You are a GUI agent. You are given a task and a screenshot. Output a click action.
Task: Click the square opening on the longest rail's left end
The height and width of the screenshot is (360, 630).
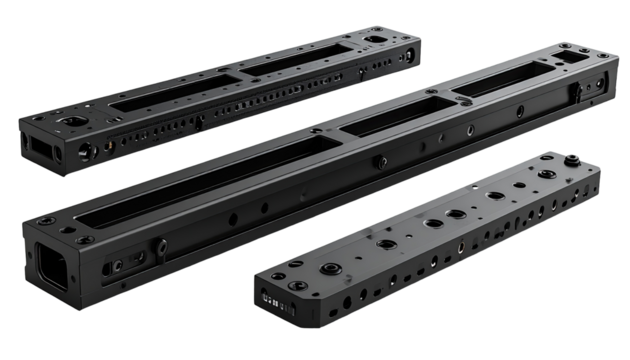53,264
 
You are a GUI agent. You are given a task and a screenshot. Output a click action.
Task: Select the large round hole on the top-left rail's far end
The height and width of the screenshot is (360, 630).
376,40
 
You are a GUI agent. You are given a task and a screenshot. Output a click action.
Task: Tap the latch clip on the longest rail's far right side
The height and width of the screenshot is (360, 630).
577,93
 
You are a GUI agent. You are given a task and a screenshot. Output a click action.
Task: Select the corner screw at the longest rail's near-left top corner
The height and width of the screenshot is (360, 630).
46,221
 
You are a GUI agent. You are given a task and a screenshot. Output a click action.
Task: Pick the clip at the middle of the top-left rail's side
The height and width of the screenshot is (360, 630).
199,122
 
